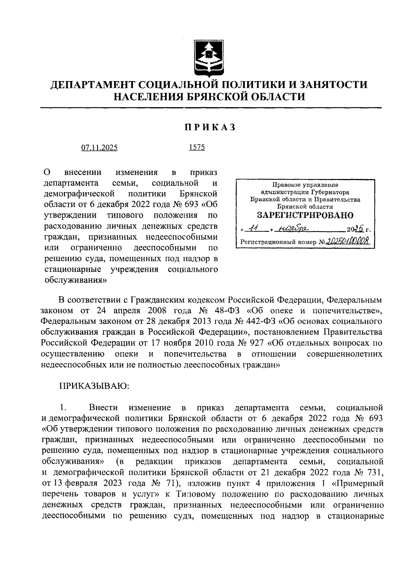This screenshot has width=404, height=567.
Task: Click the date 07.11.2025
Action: click(x=99, y=148)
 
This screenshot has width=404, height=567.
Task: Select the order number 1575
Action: click(x=197, y=147)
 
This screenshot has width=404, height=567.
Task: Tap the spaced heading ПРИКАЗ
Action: click(x=209, y=128)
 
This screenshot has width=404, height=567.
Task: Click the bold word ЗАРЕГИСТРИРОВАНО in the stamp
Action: click(x=305, y=215)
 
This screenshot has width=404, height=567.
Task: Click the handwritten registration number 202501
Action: click(x=343, y=241)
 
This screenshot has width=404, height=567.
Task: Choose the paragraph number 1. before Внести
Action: click(x=63, y=407)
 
